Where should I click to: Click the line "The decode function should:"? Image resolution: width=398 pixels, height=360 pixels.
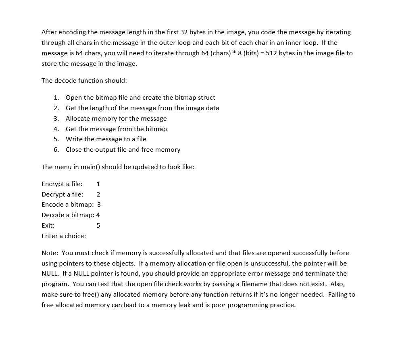point(84,80)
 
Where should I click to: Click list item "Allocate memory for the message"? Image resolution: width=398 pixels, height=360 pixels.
point(116,118)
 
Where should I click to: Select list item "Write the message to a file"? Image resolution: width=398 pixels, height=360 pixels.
point(106,139)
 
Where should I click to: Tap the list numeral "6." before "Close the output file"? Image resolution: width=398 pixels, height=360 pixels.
point(56,149)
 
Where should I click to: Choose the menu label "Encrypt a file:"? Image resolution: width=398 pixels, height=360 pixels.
point(62,184)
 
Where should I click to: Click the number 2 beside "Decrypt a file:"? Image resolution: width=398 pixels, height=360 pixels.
point(98,194)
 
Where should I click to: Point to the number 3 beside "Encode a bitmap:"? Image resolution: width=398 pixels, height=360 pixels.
point(99,204)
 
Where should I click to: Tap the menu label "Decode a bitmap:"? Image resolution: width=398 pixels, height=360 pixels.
point(68,215)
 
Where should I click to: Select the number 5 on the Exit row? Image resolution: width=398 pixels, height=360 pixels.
point(98,225)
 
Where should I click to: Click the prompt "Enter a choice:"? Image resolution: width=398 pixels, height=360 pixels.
point(64,236)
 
